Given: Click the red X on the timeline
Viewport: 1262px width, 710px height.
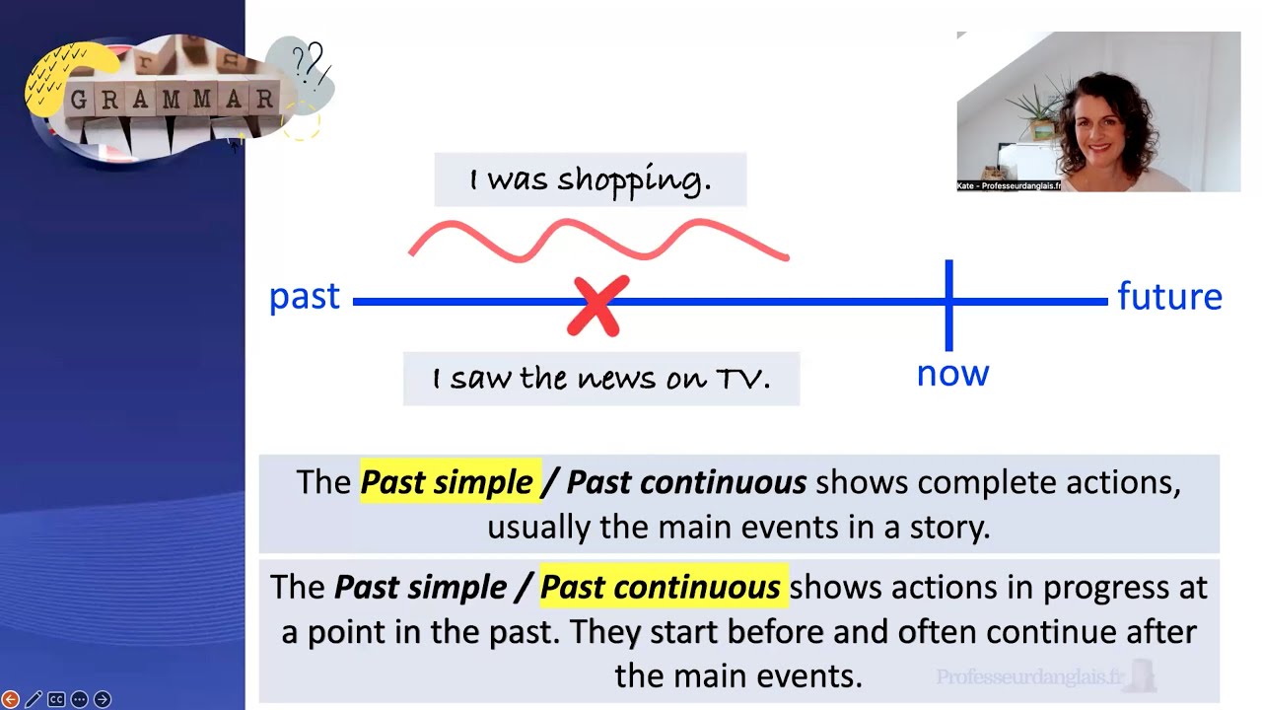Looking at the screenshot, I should click(x=597, y=305).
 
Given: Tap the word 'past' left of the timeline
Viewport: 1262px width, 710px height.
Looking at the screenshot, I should click(x=304, y=297).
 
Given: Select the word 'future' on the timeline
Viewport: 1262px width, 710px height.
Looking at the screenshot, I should click(x=1169, y=296).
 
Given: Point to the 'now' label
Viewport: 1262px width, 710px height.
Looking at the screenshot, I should click(x=952, y=373).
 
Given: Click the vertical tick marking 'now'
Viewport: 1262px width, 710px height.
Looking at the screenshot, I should click(x=948, y=305).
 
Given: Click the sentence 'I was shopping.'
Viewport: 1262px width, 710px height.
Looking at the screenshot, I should click(x=590, y=179).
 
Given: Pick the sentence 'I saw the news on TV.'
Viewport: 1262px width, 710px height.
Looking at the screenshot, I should click(x=600, y=379).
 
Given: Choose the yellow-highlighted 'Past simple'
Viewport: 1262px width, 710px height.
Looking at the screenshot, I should click(x=448, y=482).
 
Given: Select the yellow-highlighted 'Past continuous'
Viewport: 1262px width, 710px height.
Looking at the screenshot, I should click(x=661, y=588).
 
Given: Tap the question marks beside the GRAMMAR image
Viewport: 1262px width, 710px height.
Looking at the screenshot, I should click(x=309, y=64).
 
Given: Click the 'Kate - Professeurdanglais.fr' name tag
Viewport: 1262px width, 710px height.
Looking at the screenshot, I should click(x=1010, y=185).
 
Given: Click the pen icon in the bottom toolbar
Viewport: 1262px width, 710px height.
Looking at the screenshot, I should click(x=34, y=699).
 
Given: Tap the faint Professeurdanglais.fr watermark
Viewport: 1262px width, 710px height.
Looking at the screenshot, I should click(x=1030, y=676).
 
